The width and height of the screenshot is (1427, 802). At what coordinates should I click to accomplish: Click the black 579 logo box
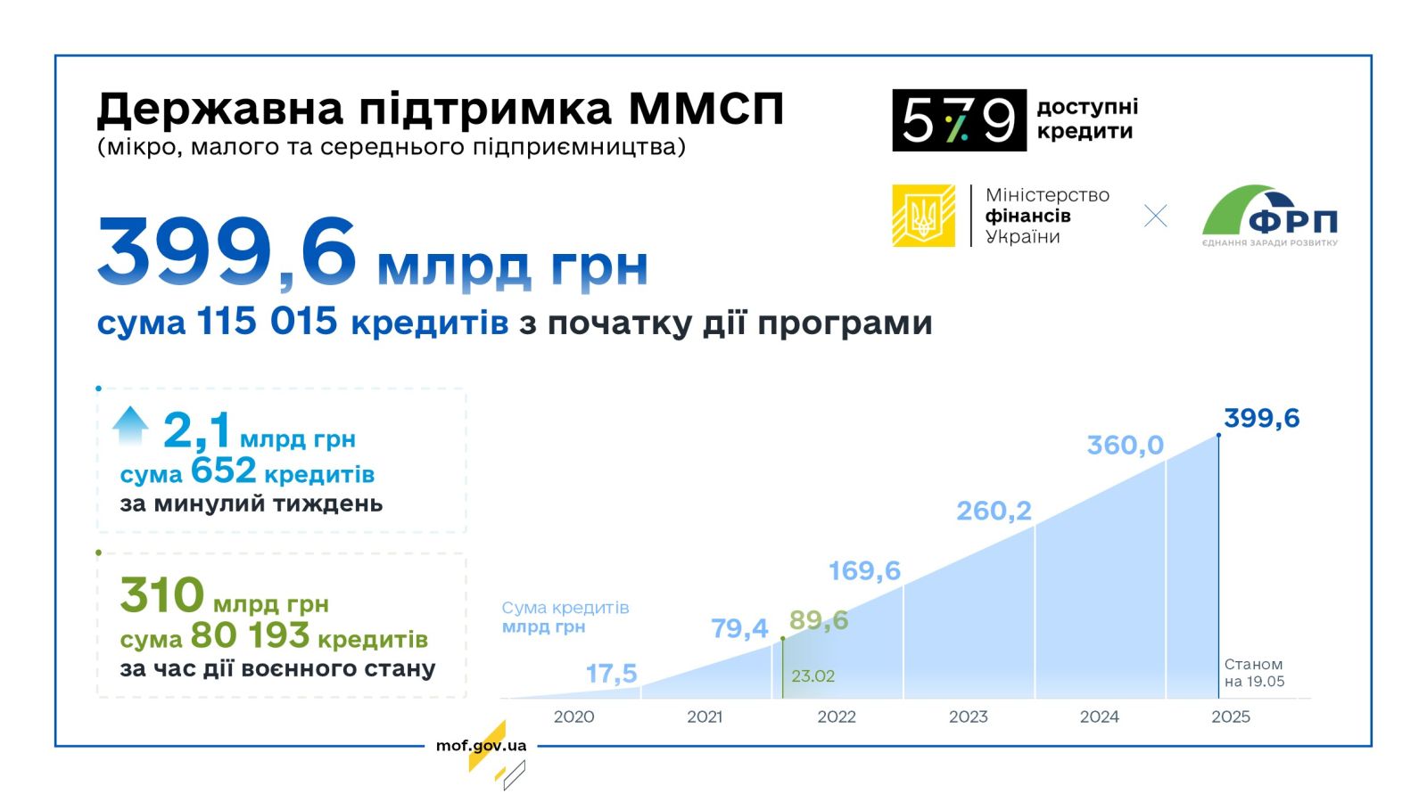pyautogui.click(x=959, y=120)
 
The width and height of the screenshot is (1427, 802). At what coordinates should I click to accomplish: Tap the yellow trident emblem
pyautogui.click(x=923, y=216)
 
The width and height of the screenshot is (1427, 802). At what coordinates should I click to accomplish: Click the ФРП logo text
pyautogui.click(x=1292, y=222)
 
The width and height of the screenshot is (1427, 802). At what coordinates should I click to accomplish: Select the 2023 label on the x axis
pyautogui.click(x=969, y=716)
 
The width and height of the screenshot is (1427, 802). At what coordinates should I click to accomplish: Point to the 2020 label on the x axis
pyautogui.click(x=574, y=716)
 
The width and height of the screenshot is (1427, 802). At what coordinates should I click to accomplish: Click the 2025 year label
pyautogui.click(x=1231, y=716)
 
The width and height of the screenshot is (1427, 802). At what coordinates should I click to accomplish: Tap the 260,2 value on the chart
pyautogui.click(x=994, y=511)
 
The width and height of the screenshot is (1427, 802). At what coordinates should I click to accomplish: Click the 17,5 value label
pyautogui.click(x=611, y=674)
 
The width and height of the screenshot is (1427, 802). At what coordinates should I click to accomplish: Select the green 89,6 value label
pyautogui.click(x=819, y=620)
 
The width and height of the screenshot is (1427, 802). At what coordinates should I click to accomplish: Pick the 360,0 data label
pyautogui.click(x=1125, y=446)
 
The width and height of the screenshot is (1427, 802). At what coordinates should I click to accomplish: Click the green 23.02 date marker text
pyautogui.click(x=812, y=676)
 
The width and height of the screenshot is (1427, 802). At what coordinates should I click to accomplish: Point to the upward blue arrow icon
pyautogui.click(x=130, y=425)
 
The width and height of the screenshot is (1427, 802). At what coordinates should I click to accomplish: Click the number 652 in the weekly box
pyautogui.click(x=224, y=471)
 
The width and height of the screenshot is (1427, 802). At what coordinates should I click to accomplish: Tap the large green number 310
pyautogui.click(x=161, y=595)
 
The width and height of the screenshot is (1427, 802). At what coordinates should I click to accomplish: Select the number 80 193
pyautogui.click(x=250, y=635)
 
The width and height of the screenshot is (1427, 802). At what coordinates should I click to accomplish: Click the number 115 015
pyautogui.click(x=267, y=321)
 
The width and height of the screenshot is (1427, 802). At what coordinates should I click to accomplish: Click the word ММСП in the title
pyautogui.click(x=705, y=109)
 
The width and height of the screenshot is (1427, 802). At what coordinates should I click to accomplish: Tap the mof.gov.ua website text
pyautogui.click(x=481, y=745)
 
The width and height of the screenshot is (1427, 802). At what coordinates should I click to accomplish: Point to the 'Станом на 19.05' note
pyautogui.click(x=1254, y=673)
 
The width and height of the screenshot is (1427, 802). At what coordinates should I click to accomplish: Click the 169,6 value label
pyautogui.click(x=864, y=571)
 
